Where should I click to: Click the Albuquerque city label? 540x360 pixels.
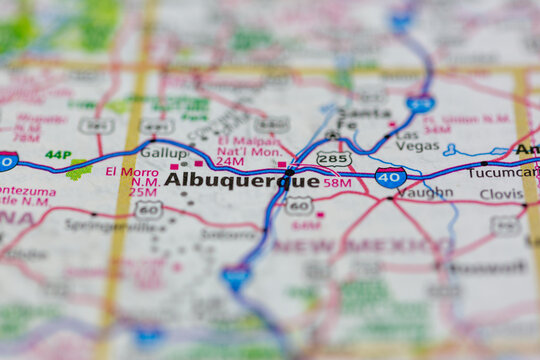point(241,180)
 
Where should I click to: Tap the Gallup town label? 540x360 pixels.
point(165,152)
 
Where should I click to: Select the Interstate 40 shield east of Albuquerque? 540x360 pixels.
point(390,178)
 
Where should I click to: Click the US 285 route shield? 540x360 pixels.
point(333,158)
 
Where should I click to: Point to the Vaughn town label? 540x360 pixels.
point(424,192)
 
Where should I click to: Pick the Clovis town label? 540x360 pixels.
point(501,194)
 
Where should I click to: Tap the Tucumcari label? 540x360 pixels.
point(516,171)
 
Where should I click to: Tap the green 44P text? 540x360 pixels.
point(58,155)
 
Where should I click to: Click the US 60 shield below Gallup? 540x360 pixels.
point(148,209)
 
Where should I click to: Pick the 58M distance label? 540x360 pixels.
point(337,183)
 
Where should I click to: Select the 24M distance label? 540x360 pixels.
point(230,161)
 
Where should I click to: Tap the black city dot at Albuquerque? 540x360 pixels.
point(289,172)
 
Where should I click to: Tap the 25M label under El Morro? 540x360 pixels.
point(142,190)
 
